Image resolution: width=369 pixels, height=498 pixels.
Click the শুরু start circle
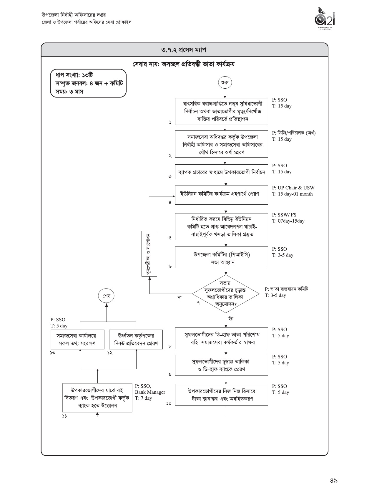[x=225, y=83]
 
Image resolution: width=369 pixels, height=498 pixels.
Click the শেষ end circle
[x=107, y=296]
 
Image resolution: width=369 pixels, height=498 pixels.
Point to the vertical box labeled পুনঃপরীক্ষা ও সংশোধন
[x=149, y=254]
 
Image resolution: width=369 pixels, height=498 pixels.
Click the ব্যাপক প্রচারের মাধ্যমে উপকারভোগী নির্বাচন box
[x=222, y=172]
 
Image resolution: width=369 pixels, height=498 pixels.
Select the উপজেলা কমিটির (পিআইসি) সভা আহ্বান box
[x=222, y=258]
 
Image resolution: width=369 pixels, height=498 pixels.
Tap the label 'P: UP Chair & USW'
[x=293, y=188]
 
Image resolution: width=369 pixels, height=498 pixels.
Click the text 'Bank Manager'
[x=150, y=392]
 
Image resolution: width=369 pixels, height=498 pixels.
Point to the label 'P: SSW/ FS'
[x=284, y=215]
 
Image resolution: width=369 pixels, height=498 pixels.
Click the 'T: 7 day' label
[x=143, y=398]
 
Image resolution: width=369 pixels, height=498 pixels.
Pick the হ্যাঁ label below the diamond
[x=231, y=319]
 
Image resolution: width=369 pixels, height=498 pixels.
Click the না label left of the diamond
[x=179, y=297]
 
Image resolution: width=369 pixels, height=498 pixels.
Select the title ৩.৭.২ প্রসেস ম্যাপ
[x=184, y=50]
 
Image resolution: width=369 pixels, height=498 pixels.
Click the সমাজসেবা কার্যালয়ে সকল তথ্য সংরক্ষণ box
[x=77, y=339]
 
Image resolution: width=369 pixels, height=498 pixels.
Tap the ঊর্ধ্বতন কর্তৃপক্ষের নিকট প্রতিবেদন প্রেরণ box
[x=136, y=339]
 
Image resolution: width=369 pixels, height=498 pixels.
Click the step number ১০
[x=169, y=403]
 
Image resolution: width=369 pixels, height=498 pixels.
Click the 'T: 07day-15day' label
[x=288, y=221]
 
